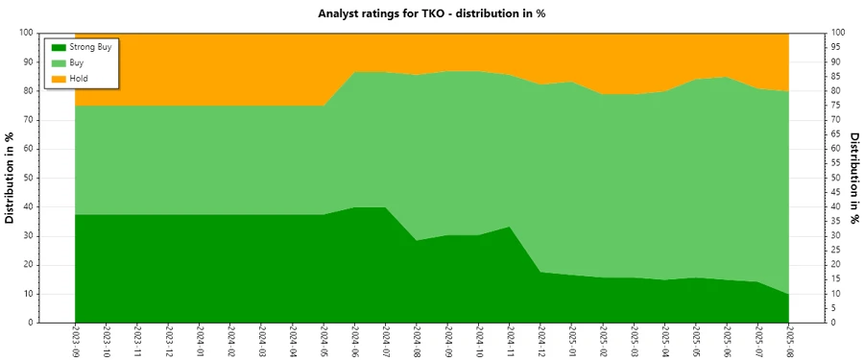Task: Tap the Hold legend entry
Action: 79,77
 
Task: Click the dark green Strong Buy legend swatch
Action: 58,46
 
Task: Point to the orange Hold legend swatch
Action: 58,77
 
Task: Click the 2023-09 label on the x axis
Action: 75,341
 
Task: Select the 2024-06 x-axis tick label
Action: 354,341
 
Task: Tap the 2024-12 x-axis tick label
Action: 540,341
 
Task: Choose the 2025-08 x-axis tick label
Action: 788,341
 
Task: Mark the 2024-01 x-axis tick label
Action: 199,341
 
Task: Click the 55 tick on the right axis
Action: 837,163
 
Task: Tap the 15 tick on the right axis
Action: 837,279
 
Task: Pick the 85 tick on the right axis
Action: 837,76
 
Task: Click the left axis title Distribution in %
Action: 11,178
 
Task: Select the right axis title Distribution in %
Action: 854,178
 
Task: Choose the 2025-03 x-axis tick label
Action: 634,341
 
